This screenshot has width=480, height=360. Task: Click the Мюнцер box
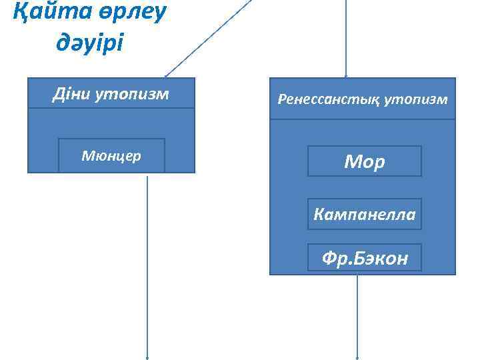111,155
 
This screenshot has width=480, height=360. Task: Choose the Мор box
364,161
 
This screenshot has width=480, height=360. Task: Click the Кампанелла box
364,214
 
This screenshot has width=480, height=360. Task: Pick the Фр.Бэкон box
364,257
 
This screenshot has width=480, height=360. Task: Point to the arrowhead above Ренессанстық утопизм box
345,75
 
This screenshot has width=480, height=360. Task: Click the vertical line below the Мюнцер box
147,267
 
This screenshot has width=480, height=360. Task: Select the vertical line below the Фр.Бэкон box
358,313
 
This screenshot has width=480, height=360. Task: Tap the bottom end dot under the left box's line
147,357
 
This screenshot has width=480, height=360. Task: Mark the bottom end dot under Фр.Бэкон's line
358,357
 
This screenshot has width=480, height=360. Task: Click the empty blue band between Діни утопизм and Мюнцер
111,123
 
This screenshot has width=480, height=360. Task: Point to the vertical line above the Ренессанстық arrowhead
345,33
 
